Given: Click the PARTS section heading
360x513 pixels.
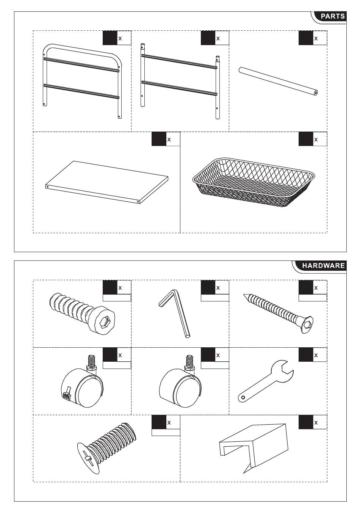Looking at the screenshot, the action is click(332, 16).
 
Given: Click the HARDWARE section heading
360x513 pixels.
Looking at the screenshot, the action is click(323, 265).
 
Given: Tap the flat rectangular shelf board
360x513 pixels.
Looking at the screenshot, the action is click(106, 182).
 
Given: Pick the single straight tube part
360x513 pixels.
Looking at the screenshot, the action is click(278, 81).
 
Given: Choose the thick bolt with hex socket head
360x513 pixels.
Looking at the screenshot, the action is click(83, 313).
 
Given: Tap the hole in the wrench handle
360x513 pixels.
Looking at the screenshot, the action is click(243, 397).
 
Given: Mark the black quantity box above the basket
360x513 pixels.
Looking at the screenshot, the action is click(306, 139).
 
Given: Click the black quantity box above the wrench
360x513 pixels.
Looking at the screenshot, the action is click(306, 355).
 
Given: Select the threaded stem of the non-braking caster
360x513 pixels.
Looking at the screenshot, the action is click(190, 362).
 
